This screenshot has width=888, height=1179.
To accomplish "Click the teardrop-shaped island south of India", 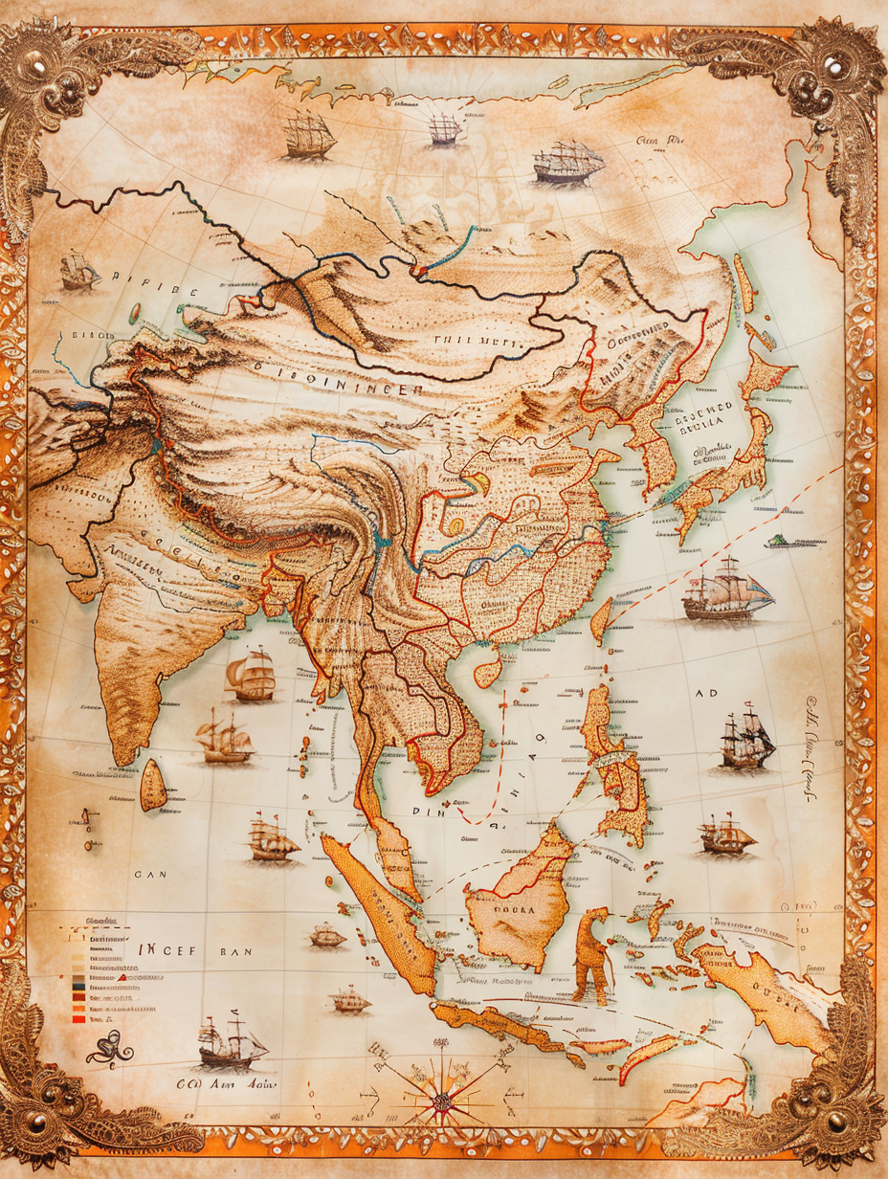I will pyautogui.click(x=153, y=785).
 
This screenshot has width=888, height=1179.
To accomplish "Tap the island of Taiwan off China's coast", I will pyautogui.click(x=601, y=620).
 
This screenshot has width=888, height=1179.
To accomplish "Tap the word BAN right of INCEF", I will pyautogui.click(x=234, y=952).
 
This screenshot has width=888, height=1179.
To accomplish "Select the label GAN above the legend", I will pyautogui.click(x=149, y=874).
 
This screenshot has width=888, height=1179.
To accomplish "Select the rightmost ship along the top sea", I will pyautogui.click(x=568, y=163).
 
